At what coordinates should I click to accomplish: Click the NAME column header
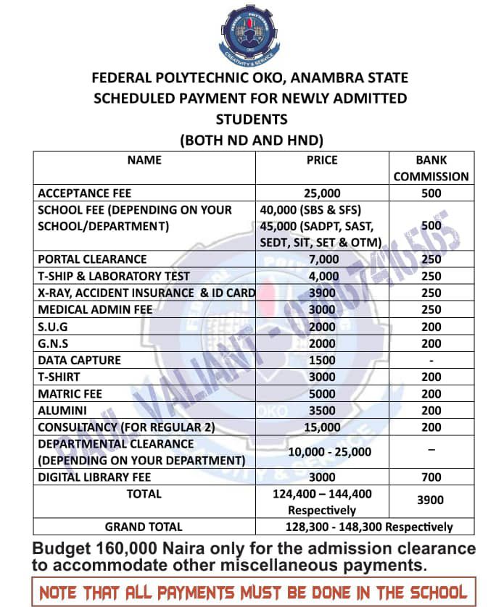coord(144,160)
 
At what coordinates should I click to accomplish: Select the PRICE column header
coord(322,160)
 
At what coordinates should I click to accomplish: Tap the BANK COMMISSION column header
coord(431,168)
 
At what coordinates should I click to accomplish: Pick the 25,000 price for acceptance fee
coord(322,193)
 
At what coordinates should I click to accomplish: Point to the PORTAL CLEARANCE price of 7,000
coord(323,259)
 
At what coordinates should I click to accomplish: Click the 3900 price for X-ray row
coord(322,293)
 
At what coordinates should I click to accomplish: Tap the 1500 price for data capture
coord(322,360)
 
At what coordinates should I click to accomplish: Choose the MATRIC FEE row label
coord(70,394)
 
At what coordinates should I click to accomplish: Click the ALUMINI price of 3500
coord(322,411)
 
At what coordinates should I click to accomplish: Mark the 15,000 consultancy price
coord(322,427)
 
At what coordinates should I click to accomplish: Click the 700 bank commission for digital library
coord(431,477)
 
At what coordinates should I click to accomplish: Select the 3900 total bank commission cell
coord(431,501)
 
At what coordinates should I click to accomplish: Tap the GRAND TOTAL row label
coord(144,527)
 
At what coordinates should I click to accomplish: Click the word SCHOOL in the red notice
coord(426,590)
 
